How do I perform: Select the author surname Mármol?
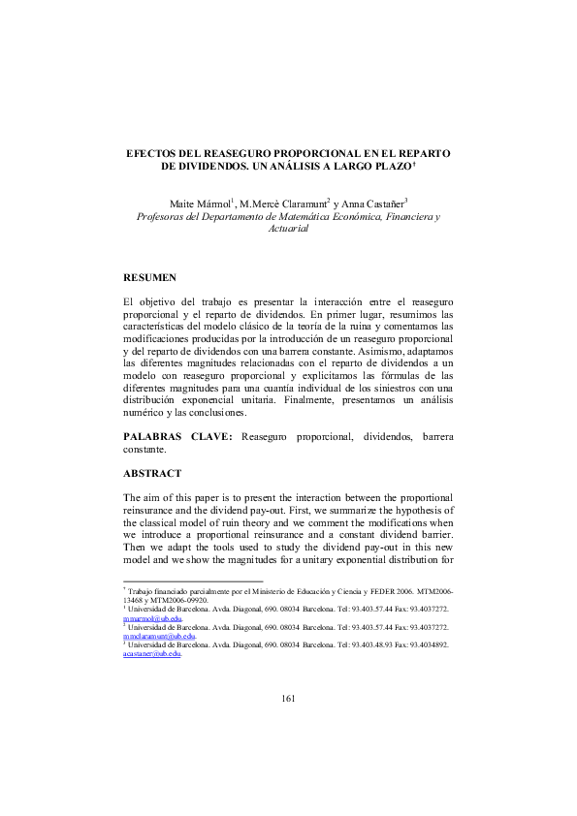[208, 204]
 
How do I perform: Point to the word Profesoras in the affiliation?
[165, 218]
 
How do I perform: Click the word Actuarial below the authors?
[287, 232]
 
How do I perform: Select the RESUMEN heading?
[149, 278]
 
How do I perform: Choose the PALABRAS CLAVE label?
[178, 437]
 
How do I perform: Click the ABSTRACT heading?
[152, 473]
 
